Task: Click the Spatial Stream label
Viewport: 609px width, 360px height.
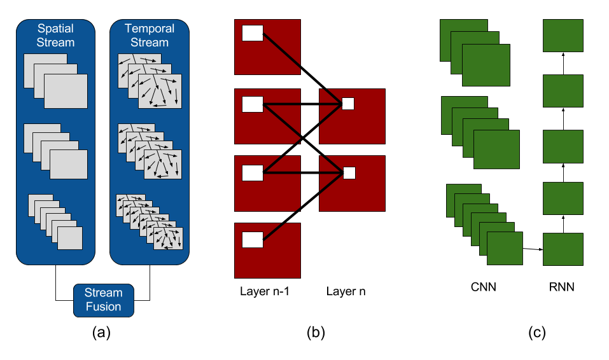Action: (55, 36)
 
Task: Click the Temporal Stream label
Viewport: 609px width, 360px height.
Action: (150, 36)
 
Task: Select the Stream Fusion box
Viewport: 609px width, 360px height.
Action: (104, 300)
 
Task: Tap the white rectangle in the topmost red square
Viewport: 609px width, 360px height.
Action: (253, 33)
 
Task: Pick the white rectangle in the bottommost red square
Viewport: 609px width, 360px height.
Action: (253, 240)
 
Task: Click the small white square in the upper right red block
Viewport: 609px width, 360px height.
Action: (348, 104)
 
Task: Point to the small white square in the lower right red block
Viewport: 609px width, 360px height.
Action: (349, 172)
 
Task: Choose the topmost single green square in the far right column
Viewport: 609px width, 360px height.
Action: (563, 36)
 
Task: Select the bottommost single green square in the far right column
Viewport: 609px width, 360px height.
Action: (563, 249)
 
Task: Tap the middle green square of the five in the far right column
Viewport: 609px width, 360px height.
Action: (563, 146)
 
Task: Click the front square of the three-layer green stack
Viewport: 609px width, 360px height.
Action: (486, 65)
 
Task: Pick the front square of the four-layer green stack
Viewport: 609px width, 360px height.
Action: (496, 149)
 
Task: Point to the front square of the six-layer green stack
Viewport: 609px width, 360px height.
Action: (505, 248)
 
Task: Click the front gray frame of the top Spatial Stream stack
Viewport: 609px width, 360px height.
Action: (66, 92)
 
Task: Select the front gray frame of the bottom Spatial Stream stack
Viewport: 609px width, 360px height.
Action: (70, 239)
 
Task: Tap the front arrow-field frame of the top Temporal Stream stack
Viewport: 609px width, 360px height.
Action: (160, 91)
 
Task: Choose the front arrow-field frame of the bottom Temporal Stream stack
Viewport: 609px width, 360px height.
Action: (168, 239)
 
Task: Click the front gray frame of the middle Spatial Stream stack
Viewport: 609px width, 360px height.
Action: (69, 165)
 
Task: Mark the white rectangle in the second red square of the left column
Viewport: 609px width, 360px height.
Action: (253, 104)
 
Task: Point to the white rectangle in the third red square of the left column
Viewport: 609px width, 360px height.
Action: (253, 172)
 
